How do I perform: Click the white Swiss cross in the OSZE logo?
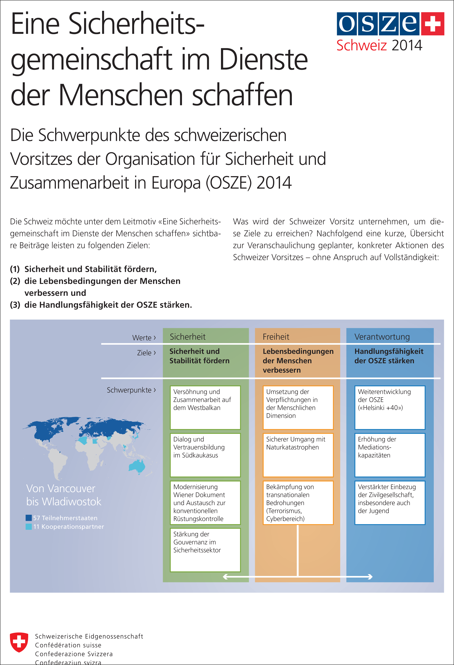tap(432, 24)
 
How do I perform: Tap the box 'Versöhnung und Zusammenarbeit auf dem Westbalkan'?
tap(205, 408)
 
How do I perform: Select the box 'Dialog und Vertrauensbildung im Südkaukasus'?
tap(205, 455)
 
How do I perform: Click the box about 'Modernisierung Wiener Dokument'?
tap(205, 502)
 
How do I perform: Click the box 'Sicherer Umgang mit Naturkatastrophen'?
tap(298, 455)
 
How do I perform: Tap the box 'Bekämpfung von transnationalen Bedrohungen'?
tap(298, 502)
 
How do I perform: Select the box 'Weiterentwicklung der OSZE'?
tap(390, 408)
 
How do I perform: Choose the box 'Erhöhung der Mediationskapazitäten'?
tap(390, 455)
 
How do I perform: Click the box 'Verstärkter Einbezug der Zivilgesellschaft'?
tap(390, 502)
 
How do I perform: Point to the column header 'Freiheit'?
tap(276, 337)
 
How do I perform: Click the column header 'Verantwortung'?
tap(382, 337)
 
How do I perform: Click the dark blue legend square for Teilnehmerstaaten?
tap(29, 518)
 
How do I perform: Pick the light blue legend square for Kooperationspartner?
tap(29, 527)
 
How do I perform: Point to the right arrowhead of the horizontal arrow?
tap(371, 577)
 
